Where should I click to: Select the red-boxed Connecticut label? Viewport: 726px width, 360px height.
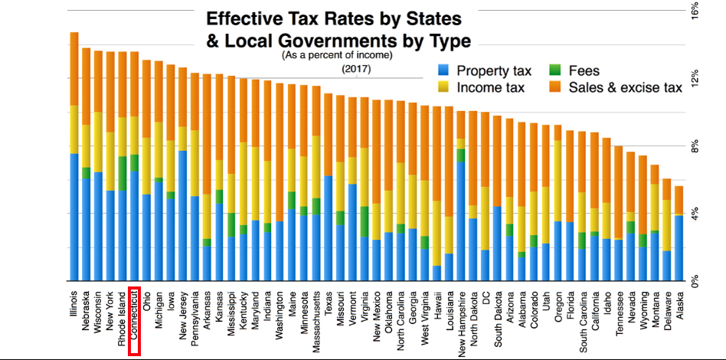135,321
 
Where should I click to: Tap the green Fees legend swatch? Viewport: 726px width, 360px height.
556,71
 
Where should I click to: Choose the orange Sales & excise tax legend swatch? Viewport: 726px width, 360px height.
556,88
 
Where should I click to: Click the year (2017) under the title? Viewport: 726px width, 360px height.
356,70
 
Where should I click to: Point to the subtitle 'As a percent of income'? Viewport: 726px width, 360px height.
337,56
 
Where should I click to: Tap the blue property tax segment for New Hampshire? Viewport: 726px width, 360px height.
460,222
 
